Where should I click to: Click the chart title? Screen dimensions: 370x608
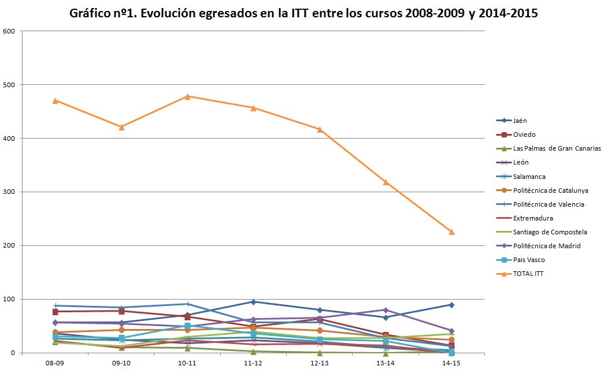[303, 13]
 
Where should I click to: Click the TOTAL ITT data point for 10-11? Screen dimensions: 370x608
[187, 96]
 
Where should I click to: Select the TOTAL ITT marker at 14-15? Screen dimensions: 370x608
[451, 232]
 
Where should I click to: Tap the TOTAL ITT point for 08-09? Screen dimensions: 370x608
[55, 100]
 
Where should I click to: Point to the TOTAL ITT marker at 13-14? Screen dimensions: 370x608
[385, 182]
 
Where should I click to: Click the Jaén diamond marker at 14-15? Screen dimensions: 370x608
[451, 305]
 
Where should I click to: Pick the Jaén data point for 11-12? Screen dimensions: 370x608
[253, 302]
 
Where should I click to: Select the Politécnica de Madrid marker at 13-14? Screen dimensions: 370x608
[385, 310]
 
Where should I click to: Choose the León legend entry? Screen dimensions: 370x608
[520, 162]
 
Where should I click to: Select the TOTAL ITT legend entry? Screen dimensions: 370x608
[528, 274]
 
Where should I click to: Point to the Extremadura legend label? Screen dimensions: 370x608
[533, 218]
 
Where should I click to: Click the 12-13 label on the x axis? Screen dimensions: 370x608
[320, 362]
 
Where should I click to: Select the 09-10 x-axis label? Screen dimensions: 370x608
[121, 362]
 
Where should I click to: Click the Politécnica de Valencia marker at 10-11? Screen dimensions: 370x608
[187, 304]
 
